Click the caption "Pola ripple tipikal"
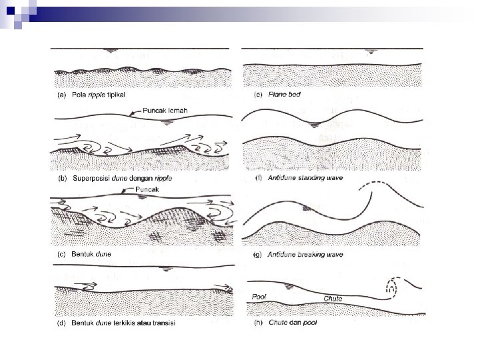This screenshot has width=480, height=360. click(98, 95)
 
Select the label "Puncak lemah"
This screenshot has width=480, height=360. click(165, 111)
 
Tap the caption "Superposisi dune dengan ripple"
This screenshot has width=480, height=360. click(122, 178)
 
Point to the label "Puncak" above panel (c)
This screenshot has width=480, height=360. click(147, 189)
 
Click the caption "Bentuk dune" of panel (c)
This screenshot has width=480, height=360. click(91, 254)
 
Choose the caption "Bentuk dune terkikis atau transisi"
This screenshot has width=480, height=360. click(123, 323)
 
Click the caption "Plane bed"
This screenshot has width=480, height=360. click(284, 94)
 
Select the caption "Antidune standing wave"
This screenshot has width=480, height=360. click(305, 178)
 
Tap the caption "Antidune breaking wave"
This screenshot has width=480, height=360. click(305, 255)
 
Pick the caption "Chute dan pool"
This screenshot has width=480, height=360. click(293, 323)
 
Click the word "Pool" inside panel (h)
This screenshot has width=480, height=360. click(259, 297)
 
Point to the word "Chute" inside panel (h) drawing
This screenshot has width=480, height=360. click(333, 299)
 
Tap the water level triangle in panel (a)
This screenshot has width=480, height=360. click(110, 51)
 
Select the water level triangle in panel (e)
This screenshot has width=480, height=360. click(371, 51)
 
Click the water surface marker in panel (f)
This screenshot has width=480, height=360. click(315, 125)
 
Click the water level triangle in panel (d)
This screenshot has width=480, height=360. click(166, 269)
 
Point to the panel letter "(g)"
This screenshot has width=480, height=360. click(257, 255)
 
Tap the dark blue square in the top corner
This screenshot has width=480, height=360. click(11, 11)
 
